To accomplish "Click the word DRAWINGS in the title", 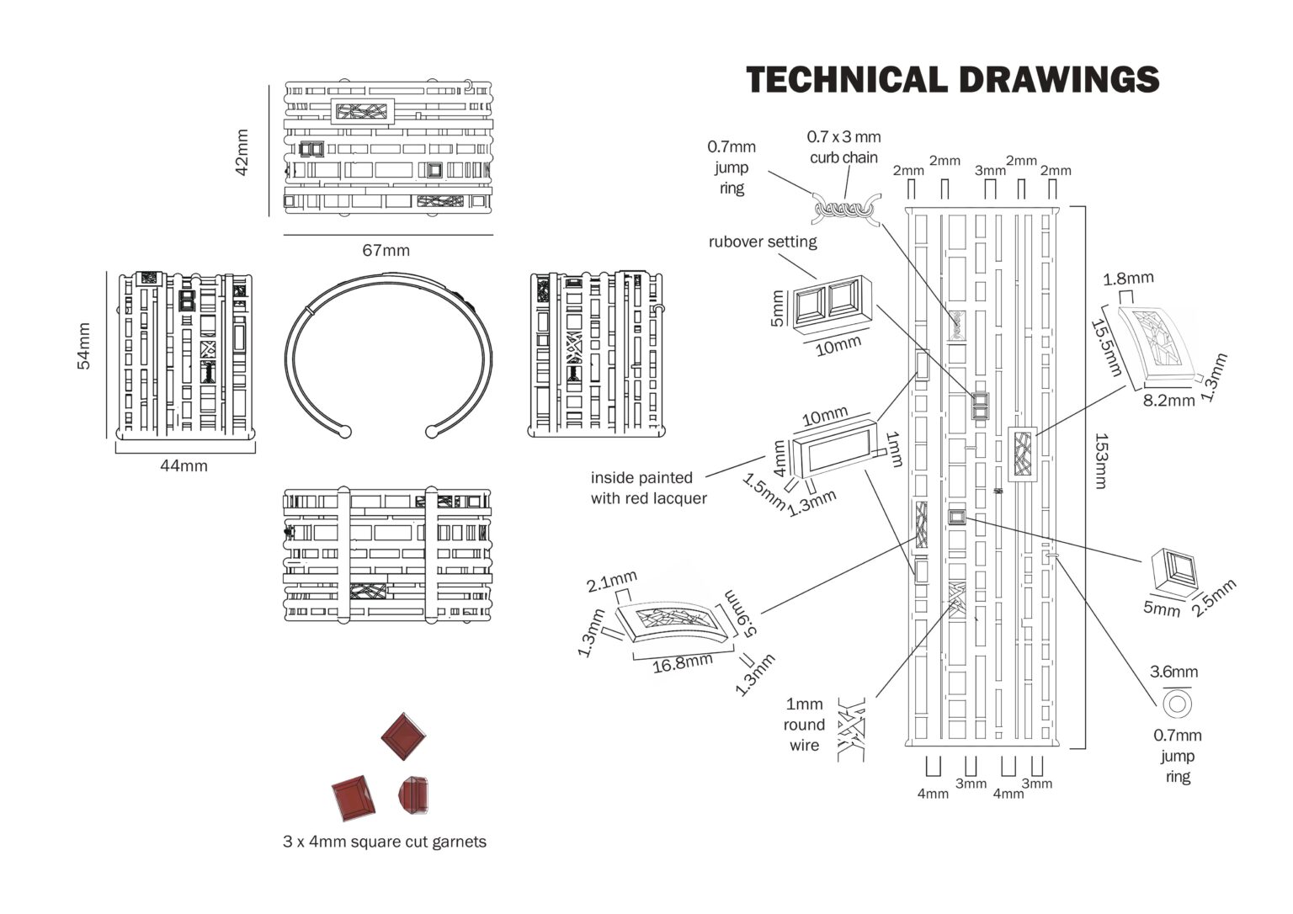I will pos(1058,80).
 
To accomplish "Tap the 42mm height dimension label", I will pos(242,152).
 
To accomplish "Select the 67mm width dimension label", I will pos(386,251).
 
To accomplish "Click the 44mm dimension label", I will pos(184,465).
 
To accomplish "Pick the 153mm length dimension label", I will pos(1102,460).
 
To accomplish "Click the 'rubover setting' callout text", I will pos(763,242).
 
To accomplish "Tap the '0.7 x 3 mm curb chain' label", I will pos(843,146).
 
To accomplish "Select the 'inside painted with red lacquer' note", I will pos(648,488).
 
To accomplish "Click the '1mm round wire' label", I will pos(804,725).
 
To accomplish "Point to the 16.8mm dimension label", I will pos(682,664).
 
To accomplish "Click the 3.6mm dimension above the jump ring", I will pos(1174,672).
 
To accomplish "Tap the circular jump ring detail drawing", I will pos(1177,703).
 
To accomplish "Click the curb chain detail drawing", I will pos(844,208).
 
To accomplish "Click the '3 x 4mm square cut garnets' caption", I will pos(385,842).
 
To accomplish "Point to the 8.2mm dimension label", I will pos(1168,401).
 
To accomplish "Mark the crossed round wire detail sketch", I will pos(852,729).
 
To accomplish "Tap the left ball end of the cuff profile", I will pos(344,432).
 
